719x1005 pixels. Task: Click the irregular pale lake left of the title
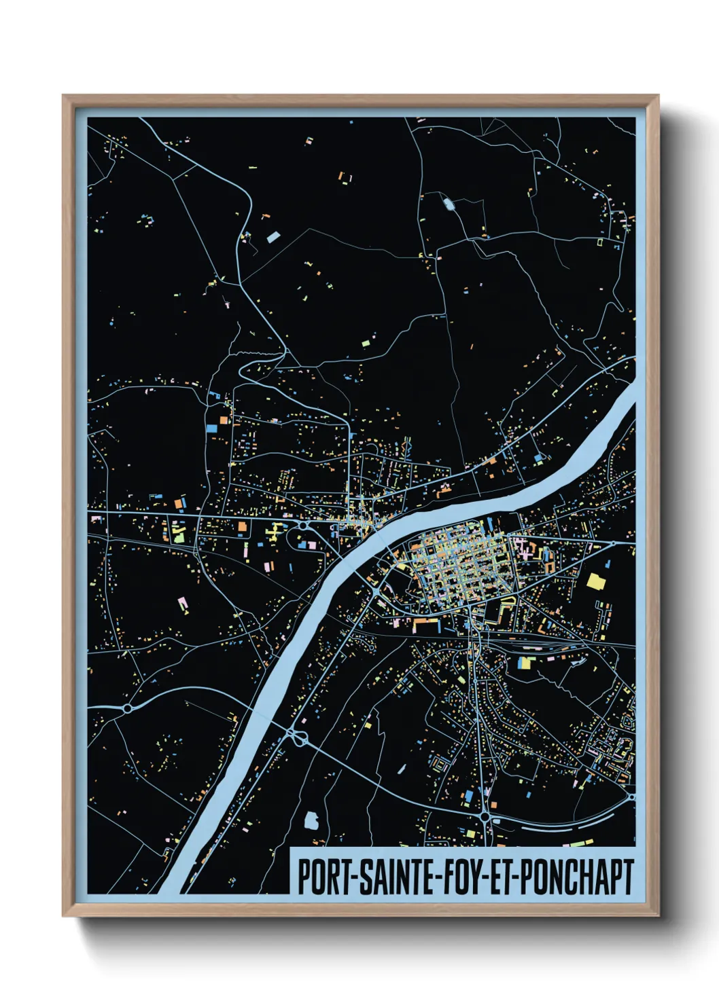tap(311, 821)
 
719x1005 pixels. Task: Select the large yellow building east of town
tap(596, 581)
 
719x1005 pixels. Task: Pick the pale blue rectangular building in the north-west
tap(273, 237)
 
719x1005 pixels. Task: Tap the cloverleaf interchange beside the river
tap(297, 736)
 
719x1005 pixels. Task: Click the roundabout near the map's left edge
tap(127, 708)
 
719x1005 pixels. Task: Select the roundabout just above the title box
tap(485, 817)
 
